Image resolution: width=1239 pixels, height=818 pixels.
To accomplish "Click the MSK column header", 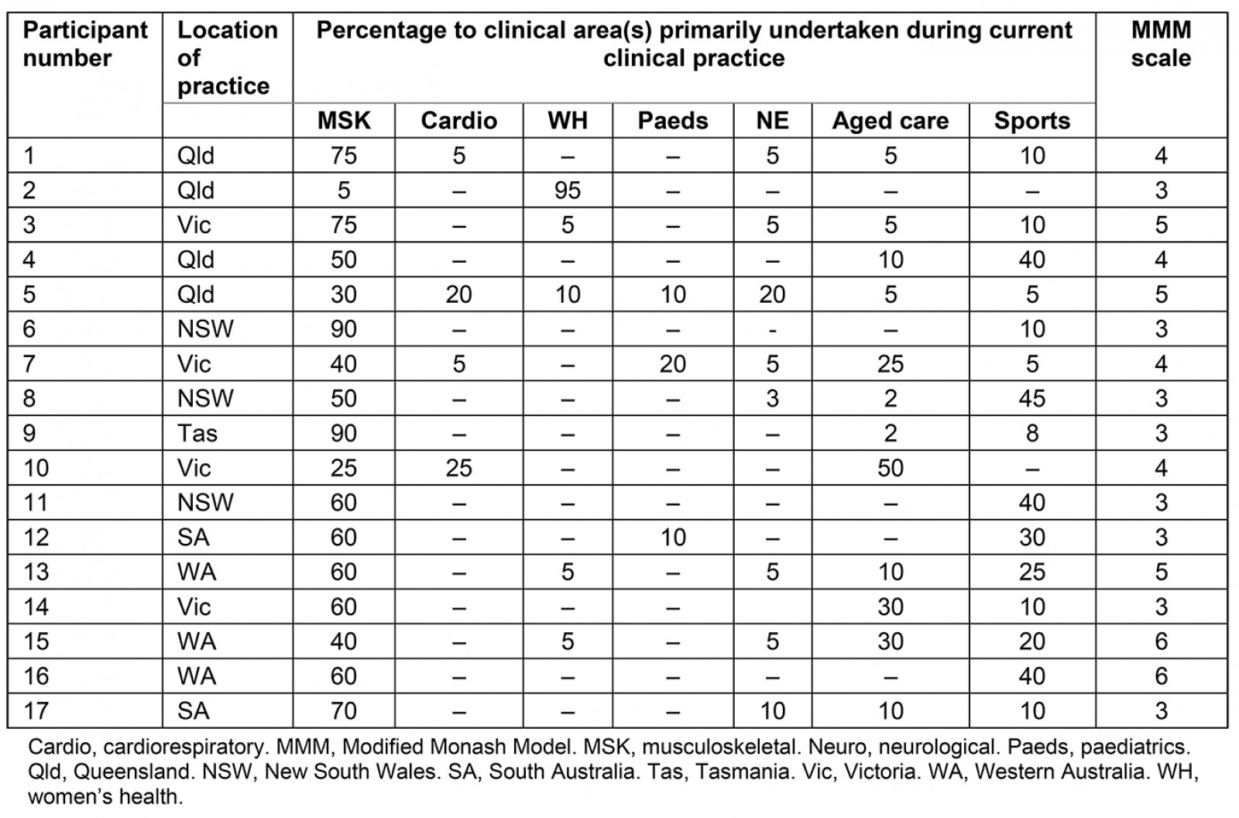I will pos(344,121).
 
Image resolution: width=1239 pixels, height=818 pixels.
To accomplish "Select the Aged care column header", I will pos(890,121).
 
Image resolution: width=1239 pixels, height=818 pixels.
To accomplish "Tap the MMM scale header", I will pos(1161,44).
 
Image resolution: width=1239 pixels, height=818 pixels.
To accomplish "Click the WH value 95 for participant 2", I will pos(567,191).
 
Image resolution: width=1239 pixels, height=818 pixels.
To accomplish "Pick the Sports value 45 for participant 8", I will pos(1031,398).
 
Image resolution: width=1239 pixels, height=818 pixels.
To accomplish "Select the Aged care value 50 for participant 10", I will pos(890,468).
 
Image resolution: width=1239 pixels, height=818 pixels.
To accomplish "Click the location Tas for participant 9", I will pos(197,433).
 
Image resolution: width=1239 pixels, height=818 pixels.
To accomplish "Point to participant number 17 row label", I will pos(36,710).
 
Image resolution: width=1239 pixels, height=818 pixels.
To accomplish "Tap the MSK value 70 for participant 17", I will pos(344,710).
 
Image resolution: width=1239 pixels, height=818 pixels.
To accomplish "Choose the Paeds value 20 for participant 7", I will pos(672,363).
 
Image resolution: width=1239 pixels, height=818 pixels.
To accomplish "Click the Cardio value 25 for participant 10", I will pos(458,468).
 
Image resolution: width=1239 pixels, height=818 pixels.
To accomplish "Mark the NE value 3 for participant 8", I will pos(772,398).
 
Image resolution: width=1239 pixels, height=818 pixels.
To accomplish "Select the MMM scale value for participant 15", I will pos(1161,641).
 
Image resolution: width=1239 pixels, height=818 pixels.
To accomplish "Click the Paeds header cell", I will pos(672,121).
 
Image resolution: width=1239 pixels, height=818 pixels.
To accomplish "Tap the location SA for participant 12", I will pos(193,537).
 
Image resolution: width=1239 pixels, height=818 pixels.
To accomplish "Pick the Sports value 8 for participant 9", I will pos(1031,433).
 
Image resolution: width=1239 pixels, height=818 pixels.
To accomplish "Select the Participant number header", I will pos(84,44).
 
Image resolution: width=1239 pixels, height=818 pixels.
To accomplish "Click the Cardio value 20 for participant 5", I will pos(458,294).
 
